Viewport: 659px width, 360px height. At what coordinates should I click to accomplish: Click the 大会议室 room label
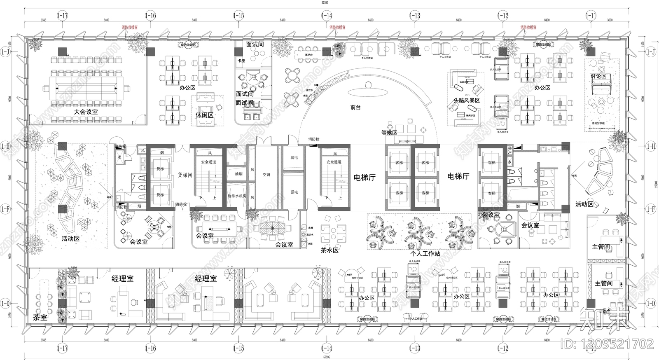click(x=86, y=112)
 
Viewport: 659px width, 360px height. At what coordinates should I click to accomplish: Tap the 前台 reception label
click(x=355, y=107)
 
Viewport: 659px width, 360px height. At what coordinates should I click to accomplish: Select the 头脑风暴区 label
click(x=467, y=101)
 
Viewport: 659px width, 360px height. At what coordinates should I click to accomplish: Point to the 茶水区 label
click(x=329, y=250)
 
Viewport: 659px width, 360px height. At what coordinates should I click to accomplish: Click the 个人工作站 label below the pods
click(x=425, y=254)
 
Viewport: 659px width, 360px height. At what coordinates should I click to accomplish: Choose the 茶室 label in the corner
click(x=40, y=318)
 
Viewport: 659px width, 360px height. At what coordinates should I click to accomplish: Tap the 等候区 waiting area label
click(x=389, y=133)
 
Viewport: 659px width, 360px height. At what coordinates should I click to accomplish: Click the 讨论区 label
click(x=598, y=77)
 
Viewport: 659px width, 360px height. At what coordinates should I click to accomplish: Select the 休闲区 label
click(x=204, y=115)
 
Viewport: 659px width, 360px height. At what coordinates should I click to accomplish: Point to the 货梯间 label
click(x=185, y=175)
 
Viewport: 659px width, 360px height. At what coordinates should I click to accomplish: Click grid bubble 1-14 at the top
click(x=327, y=16)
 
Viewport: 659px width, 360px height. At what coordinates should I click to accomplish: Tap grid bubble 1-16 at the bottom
click(x=151, y=348)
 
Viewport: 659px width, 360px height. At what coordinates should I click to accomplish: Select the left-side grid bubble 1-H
click(x=5, y=146)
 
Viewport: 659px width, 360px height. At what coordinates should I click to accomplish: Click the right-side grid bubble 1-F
click(x=651, y=209)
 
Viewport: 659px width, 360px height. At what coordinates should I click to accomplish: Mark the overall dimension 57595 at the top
click(x=327, y=2)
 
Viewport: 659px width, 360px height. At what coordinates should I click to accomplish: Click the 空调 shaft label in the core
click(x=266, y=175)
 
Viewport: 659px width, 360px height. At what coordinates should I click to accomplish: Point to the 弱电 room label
click(x=294, y=157)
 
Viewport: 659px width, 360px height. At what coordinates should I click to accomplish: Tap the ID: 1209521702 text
click(x=608, y=343)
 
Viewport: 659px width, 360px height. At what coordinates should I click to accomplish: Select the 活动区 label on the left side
click(x=70, y=238)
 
